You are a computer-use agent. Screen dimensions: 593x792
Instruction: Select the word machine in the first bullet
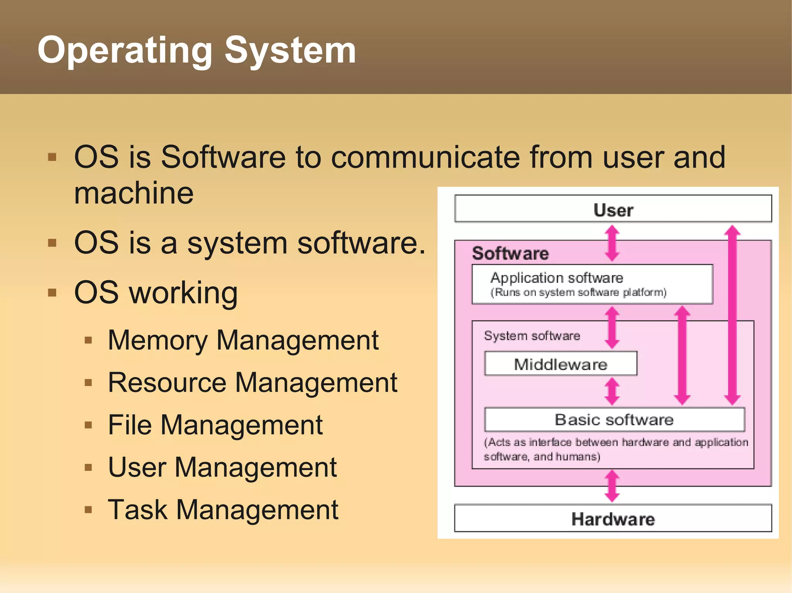(134, 193)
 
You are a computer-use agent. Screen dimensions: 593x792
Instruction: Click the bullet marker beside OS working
(52, 292)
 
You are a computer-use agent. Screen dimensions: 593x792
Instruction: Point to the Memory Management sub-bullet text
(243, 340)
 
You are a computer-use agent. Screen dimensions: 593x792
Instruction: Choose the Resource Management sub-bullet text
(252, 382)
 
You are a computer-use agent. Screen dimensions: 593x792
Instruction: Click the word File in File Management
(130, 425)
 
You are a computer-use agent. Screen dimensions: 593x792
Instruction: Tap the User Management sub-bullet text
(222, 467)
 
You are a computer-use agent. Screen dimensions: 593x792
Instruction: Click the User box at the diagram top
(613, 209)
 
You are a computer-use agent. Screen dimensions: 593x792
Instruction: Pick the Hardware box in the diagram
(613, 518)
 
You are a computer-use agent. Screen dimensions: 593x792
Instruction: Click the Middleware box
(560, 364)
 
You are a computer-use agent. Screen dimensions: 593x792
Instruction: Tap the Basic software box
(614, 420)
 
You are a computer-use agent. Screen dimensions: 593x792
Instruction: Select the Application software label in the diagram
(556, 278)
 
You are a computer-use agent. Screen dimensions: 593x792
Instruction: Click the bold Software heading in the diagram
(510, 253)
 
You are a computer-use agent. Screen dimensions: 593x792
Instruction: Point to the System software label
(532, 336)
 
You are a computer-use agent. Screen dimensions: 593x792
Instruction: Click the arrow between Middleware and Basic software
(612, 391)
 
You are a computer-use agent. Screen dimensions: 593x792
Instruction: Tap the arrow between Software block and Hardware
(612, 486)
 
